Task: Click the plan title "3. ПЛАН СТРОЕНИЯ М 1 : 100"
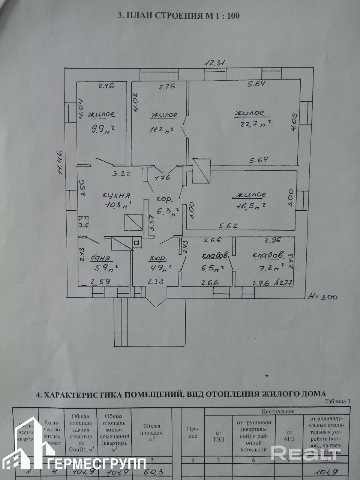[178, 16]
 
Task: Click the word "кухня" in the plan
[117, 195]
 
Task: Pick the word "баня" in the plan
[100, 258]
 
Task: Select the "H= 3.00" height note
[322, 297]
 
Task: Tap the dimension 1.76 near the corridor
[163, 177]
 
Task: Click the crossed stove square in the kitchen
[133, 222]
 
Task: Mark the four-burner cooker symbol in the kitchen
[83, 222]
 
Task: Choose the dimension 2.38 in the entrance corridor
[155, 282]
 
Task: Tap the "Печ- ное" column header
[192, 432]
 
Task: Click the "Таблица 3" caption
[337, 401]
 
